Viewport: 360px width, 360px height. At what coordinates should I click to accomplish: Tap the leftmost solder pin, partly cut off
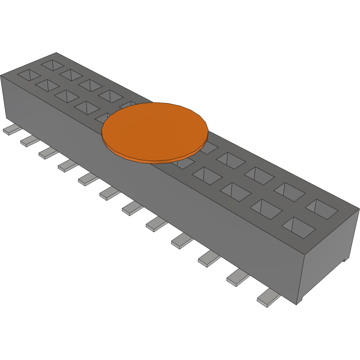[x=9, y=130]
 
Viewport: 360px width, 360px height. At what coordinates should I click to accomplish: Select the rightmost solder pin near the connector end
[x=268, y=297]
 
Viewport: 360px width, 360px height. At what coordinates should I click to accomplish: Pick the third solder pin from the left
[x=47, y=153]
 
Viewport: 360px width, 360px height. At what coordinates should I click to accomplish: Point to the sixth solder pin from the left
[x=110, y=194]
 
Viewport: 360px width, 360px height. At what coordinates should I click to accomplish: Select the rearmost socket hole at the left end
[x=53, y=65]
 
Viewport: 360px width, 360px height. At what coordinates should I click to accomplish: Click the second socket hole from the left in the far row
[x=71, y=74]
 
